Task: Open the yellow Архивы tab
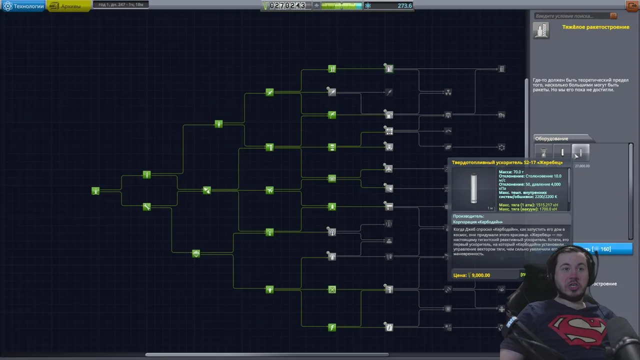tap(69, 6)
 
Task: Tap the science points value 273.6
tap(404, 5)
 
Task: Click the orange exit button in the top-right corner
tap(632, 6)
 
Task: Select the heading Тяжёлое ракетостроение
tap(595, 27)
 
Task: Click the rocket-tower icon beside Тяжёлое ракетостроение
tap(540, 30)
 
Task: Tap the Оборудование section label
tap(551, 138)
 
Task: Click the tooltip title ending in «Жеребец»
tap(507, 162)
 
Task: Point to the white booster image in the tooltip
tap(473, 188)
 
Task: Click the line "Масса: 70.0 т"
tap(511, 172)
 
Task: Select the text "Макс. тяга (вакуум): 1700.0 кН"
tap(527, 209)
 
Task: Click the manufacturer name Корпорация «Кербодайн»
tap(477, 221)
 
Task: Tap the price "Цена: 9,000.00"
tap(471, 275)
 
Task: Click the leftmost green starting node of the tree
tap(95, 190)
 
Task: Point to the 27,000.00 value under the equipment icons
tap(582, 166)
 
